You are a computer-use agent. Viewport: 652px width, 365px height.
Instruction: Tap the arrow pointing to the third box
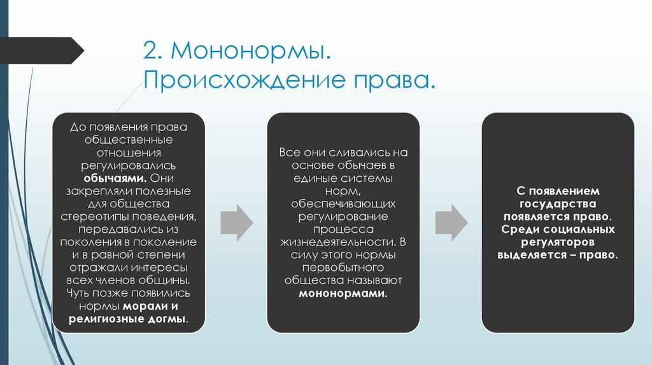[451, 222]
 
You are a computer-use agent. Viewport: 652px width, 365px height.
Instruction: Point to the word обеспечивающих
[344, 204]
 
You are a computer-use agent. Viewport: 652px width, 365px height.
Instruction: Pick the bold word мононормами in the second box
[343, 294]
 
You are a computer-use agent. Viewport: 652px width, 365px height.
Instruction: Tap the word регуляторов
[558, 242]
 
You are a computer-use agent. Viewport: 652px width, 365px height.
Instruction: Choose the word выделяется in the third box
[530, 254]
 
